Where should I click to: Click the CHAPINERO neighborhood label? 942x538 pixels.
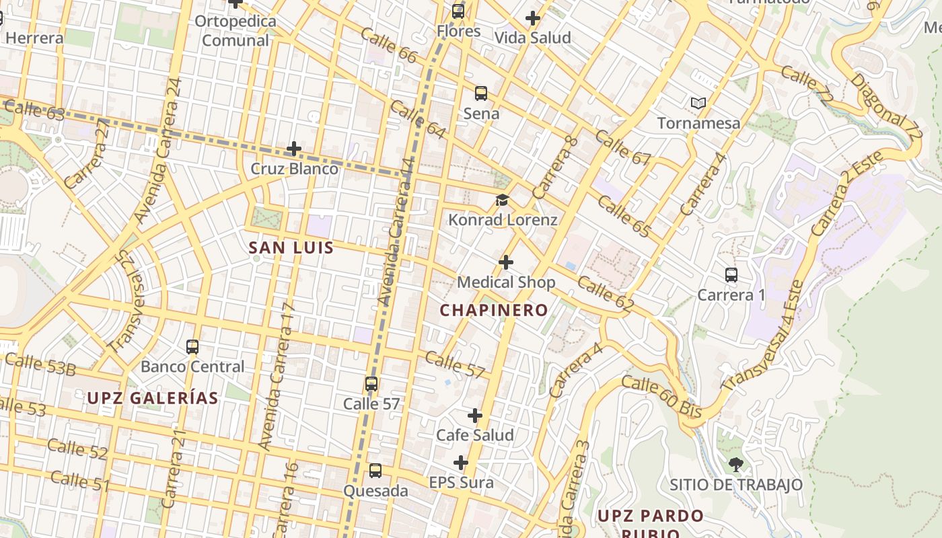tap(494, 310)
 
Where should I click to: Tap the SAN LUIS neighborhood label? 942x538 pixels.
tap(291, 247)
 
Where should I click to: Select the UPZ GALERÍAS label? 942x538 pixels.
tap(153, 397)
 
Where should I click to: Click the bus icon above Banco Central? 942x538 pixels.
tap(192, 347)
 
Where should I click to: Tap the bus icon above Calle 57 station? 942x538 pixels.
tap(371, 384)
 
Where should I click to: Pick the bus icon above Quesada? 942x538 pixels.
tap(375, 471)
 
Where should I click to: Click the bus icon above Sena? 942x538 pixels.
tap(481, 93)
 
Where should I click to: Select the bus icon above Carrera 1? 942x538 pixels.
tap(731, 275)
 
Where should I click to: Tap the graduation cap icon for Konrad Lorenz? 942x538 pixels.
tap(502, 200)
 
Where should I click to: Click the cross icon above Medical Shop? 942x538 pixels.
tap(506, 262)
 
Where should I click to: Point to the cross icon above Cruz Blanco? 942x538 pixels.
tap(294, 149)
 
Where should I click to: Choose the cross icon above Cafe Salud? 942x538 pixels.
tap(475, 416)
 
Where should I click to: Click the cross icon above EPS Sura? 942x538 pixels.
tap(461, 463)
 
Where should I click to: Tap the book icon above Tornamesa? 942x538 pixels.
tap(698, 103)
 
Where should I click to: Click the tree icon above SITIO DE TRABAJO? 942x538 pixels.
tap(736, 464)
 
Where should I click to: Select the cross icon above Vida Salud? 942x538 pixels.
tap(533, 18)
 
